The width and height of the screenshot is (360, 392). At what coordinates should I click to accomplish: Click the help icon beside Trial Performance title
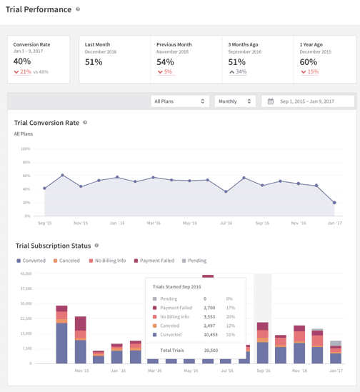tap(78, 10)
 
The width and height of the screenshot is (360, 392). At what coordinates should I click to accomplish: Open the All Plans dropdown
tap(179, 101)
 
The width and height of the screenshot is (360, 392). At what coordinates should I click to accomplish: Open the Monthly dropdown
tap(234, 101)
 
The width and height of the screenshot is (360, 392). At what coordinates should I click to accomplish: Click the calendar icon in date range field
tap(271, 101)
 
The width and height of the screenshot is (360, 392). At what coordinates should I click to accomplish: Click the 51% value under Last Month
tap(94, 62)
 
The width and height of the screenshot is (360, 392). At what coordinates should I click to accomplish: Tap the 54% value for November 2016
tap(165, 62)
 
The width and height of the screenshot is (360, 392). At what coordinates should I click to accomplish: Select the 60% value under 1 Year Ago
tap(308, 62)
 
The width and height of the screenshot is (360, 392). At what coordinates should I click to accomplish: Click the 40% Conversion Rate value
tap(22, 62)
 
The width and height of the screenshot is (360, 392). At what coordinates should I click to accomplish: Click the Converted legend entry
tap(31, 261)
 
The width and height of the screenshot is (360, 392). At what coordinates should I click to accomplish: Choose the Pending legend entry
tap(194, 261)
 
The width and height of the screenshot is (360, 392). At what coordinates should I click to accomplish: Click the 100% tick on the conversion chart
tap(25, 149)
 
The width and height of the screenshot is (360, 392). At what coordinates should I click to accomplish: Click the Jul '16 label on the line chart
tap(226, 223)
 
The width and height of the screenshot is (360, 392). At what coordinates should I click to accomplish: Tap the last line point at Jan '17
tap(334, 203)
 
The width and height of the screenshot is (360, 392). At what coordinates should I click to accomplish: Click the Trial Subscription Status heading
tap(53, 246)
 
